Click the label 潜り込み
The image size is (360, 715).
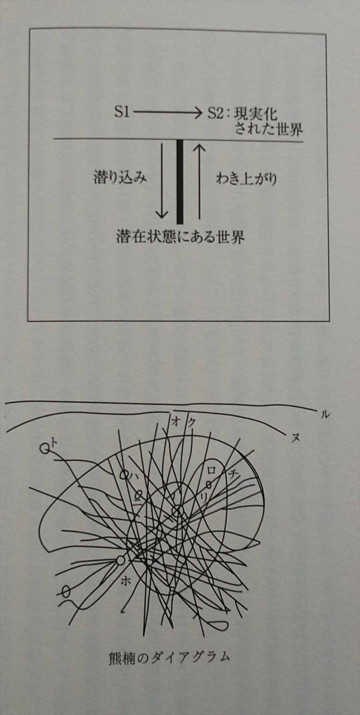120,178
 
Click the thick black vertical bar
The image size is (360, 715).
180,181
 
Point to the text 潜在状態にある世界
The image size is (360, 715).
181,237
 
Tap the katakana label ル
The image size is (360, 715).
324,415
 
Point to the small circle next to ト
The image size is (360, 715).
44,449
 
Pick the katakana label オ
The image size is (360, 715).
176,421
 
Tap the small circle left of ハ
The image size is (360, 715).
124,475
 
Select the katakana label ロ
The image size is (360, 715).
211,469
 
